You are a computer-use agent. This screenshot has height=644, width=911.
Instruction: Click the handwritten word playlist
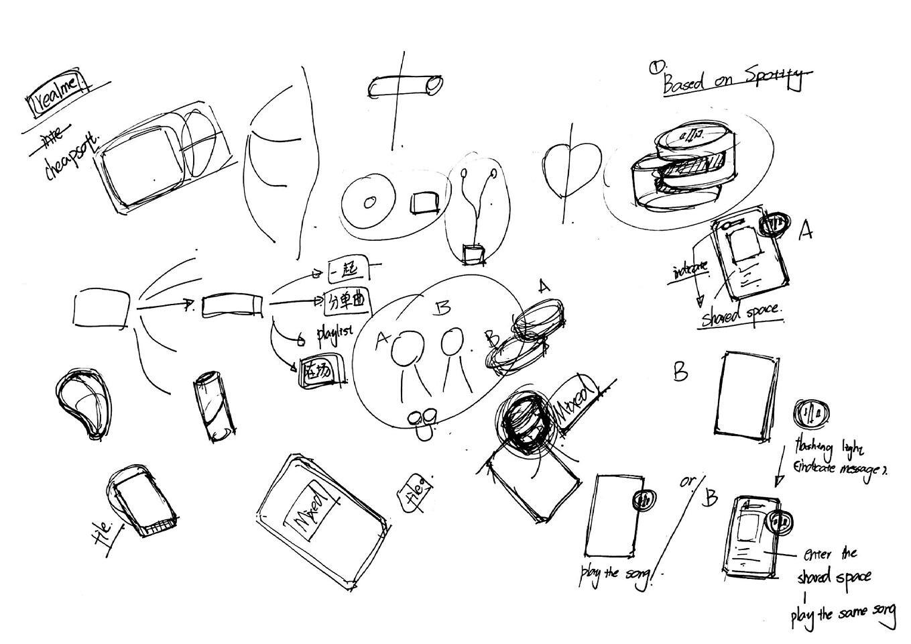coord(335,332)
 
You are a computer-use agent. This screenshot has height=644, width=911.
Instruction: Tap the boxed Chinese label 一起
coord(349,269)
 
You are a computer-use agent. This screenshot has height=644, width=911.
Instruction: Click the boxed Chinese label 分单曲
coord(347,301)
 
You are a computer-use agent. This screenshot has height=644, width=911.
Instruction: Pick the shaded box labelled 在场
coord(320,371)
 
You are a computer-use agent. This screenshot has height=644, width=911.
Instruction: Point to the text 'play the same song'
coord(843,614)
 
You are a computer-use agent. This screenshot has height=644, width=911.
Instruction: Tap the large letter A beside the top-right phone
coord(806,231)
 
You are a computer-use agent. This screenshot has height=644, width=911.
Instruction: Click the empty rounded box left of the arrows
coord(101,308)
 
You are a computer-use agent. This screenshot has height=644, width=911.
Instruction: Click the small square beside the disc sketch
coord(424,203)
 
